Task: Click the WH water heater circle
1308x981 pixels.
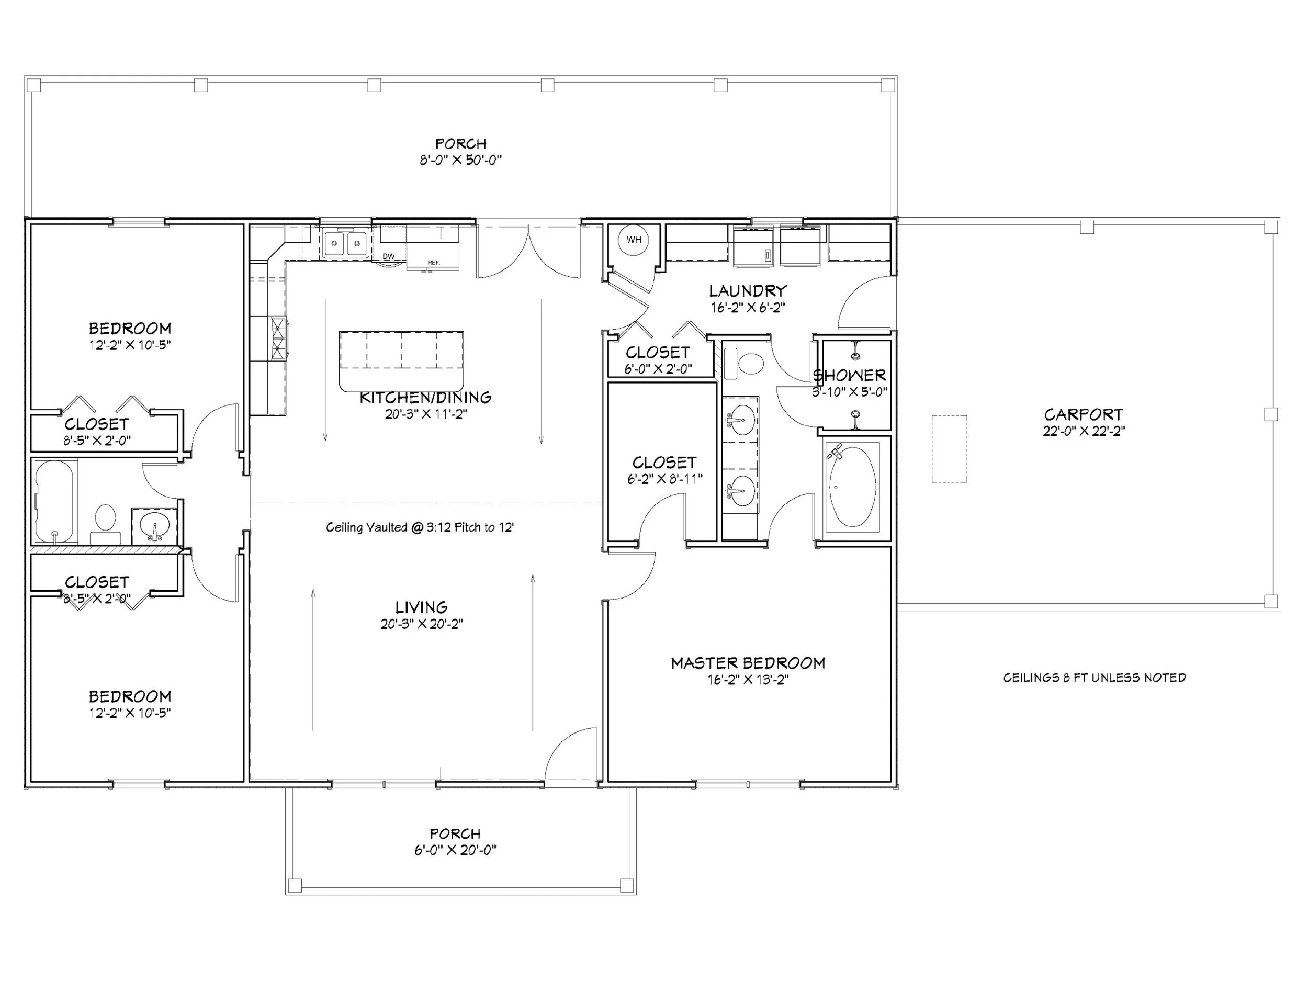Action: pos(634,240)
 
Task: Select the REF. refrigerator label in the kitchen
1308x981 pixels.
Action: pos(434,262)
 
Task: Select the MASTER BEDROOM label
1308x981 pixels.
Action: pos(748,663)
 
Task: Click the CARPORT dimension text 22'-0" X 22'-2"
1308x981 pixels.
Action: pos(1084,431)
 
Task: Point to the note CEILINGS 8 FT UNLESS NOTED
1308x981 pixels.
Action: pos(1094,678)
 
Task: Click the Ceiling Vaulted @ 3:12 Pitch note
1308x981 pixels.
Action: pos(420,527)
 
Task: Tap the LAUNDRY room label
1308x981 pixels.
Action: pos(748,290)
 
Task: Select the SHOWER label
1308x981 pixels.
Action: pos(850,375)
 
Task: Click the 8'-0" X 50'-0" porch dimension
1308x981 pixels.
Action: pos(460,160)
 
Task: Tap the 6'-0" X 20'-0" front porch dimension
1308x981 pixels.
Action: pos(455,850)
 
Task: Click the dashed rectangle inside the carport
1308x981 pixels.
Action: pos(949,448)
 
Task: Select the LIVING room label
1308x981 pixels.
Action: pos(421,607)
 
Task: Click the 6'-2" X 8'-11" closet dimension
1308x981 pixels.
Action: pos(664,478)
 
